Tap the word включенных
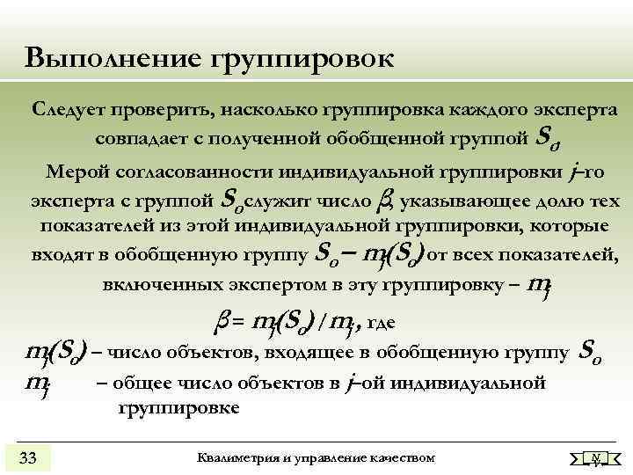click(151, 285)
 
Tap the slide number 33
click(28, 457)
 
